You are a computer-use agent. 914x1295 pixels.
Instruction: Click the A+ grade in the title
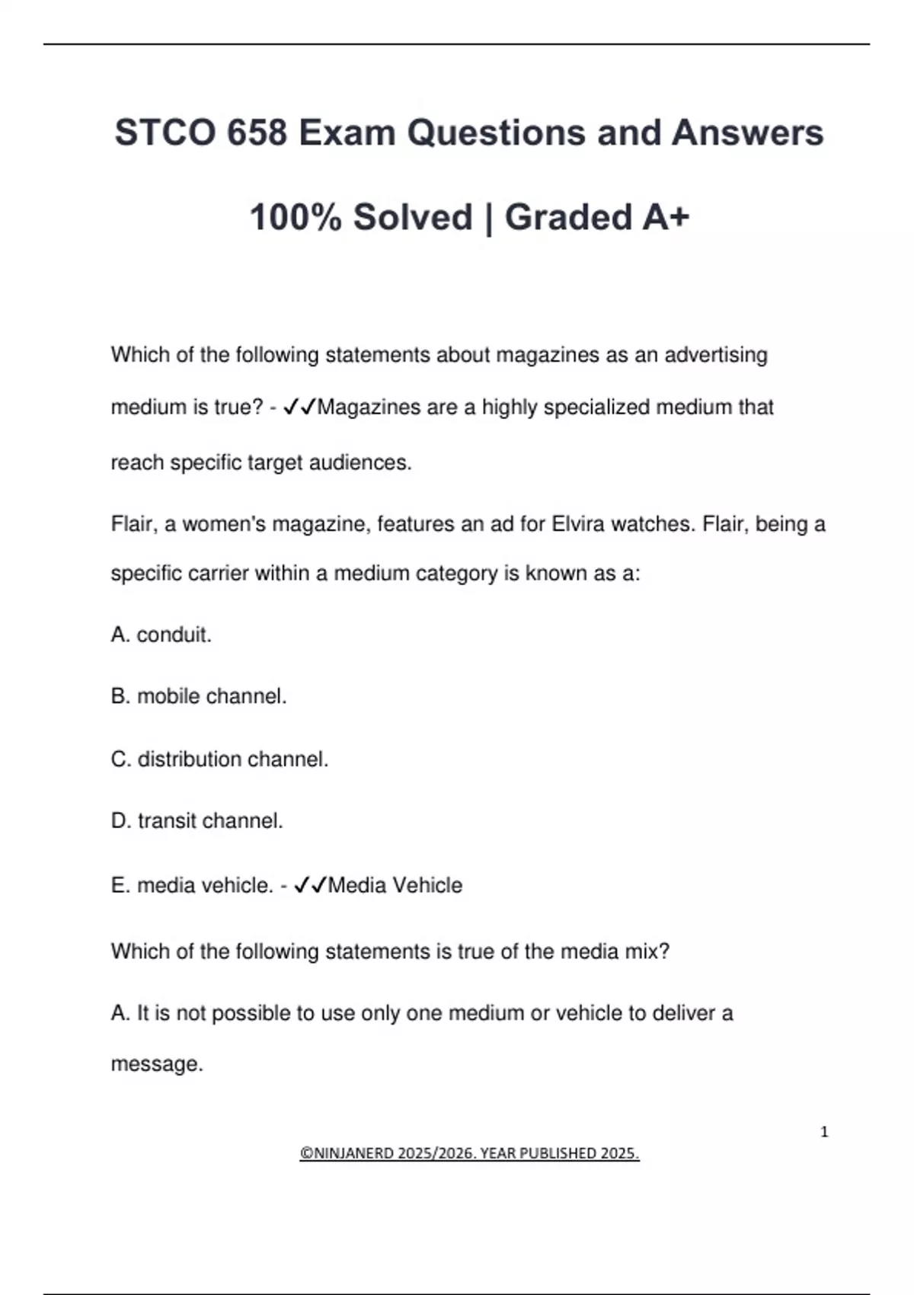pos(666,218)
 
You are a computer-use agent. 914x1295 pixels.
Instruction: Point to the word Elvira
pos(578,524)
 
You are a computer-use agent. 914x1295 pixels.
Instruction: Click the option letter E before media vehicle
pos(118,885)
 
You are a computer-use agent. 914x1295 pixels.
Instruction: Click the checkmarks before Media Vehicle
pos(310,885)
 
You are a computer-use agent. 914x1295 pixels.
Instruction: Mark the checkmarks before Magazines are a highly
pos(299,408)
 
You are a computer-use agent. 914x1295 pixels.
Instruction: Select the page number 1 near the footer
pos(824,1132)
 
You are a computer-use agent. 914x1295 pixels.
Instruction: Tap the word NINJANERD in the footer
pos(353,1153)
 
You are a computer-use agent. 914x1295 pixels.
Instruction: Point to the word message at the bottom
pos(156,1063)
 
